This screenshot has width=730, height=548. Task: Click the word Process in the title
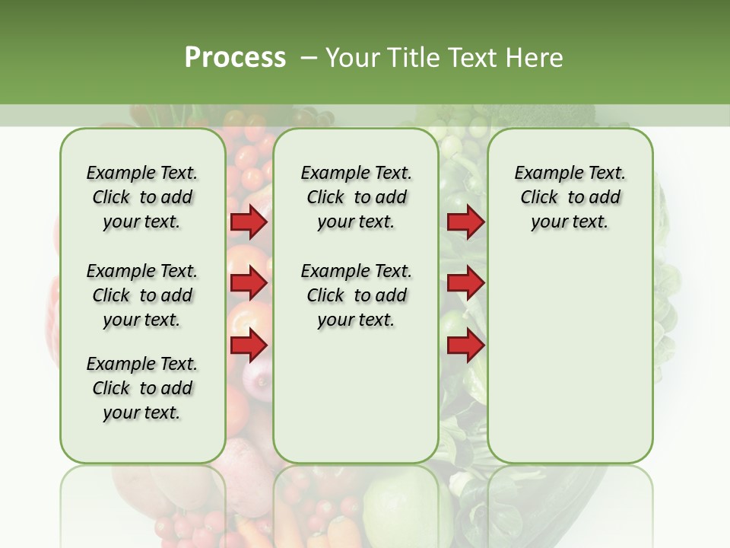(235, 57)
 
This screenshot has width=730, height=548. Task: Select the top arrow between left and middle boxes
(249, 222)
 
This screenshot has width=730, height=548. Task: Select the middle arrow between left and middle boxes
(249, 283)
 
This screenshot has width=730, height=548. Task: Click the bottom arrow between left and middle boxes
(249, 345)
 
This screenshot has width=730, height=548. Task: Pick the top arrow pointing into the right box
(465, 222)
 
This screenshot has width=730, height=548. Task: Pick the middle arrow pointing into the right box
(465, 283)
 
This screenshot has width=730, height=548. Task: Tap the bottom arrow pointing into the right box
(465, 345)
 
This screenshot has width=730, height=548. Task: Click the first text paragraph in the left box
(142, 197)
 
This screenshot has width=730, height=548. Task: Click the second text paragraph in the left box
(142, 295)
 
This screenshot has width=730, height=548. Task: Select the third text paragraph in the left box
(142, 388)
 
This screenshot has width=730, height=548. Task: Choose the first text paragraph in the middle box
(356, 197)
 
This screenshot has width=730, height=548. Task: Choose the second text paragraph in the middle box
(356, 295)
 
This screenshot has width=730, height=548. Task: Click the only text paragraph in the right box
(570, 197)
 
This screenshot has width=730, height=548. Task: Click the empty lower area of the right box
(570, 365)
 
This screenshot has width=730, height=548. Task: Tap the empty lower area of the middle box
(356, 396)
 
